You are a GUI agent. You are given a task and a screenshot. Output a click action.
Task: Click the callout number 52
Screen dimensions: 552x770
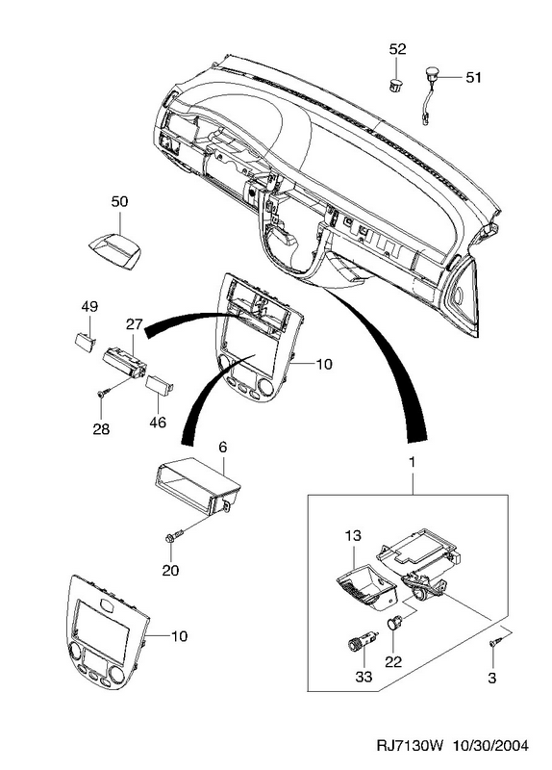coord(398,49)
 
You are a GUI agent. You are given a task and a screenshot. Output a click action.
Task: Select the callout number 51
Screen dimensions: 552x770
coord(473,78)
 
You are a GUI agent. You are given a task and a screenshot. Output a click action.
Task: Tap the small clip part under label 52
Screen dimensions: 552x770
coord(395,84)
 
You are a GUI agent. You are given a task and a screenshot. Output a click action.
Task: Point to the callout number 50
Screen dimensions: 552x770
coord(119,201)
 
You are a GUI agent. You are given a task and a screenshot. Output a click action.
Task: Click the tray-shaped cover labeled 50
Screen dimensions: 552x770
coord(113,250)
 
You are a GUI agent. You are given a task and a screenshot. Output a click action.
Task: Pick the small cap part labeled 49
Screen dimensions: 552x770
coord(86,342)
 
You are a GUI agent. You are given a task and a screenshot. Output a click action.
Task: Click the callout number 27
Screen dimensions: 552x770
coord(135,324)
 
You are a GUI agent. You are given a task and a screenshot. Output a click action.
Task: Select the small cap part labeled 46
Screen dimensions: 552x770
coord(160,384)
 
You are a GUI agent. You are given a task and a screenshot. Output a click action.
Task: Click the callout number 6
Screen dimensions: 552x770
coord(222,447)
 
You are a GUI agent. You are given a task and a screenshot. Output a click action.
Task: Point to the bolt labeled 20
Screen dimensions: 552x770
coord(174,535)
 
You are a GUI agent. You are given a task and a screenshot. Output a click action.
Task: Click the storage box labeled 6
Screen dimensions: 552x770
coord(197,487)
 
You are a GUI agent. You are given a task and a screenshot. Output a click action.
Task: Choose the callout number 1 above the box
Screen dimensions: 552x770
coord(413,463)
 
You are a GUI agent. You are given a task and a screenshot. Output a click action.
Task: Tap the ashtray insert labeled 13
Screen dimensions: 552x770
coord(366,588)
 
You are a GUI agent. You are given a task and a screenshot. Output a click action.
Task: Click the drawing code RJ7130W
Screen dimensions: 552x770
coord(410,746)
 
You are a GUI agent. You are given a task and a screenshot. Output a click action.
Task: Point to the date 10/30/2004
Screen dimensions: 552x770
coord(491,746)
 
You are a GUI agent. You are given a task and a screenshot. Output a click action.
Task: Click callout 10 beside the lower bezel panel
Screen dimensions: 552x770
coord(180,636)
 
